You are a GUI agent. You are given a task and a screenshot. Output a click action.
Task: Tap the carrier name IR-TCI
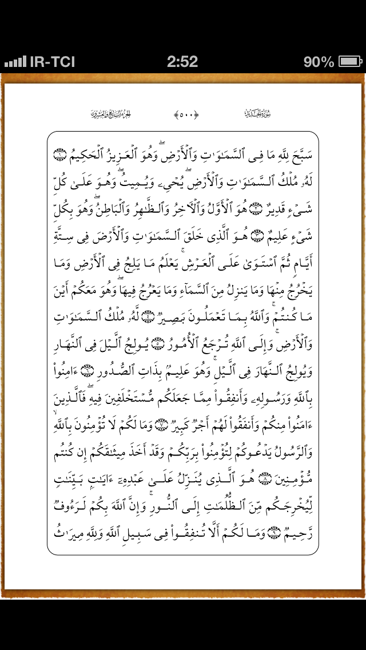click(x=52, y=61)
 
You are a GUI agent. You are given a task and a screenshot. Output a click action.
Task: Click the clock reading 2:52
click(x=182, y=61)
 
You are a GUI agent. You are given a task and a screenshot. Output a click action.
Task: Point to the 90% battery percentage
click(x=319, y=61)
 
